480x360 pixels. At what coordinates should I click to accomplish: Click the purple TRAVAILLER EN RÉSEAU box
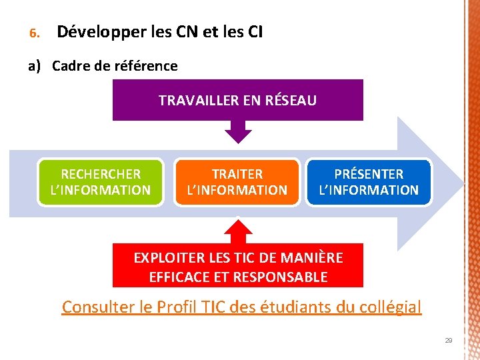[x=237, y=100]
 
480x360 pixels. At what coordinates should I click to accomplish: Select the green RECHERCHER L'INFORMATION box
[x=101, y=182]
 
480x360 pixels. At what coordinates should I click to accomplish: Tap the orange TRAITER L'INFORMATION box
[x=237, y=182]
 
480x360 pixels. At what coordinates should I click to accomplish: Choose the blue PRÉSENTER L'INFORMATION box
[x=369, y=182]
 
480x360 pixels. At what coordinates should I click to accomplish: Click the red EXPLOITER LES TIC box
[x=237, y=266]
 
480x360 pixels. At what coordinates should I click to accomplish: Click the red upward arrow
[x=237, y=231]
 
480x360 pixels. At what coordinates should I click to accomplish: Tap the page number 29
[x=449, y=341]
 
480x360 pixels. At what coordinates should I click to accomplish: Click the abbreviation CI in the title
[x=254, y=31]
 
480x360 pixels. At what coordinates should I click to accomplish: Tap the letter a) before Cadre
[x=34, y=66]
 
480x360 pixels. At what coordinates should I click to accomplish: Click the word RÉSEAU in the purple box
[x=291, y=101]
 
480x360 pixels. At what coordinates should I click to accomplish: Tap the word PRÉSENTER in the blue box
[x=369, y=174]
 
